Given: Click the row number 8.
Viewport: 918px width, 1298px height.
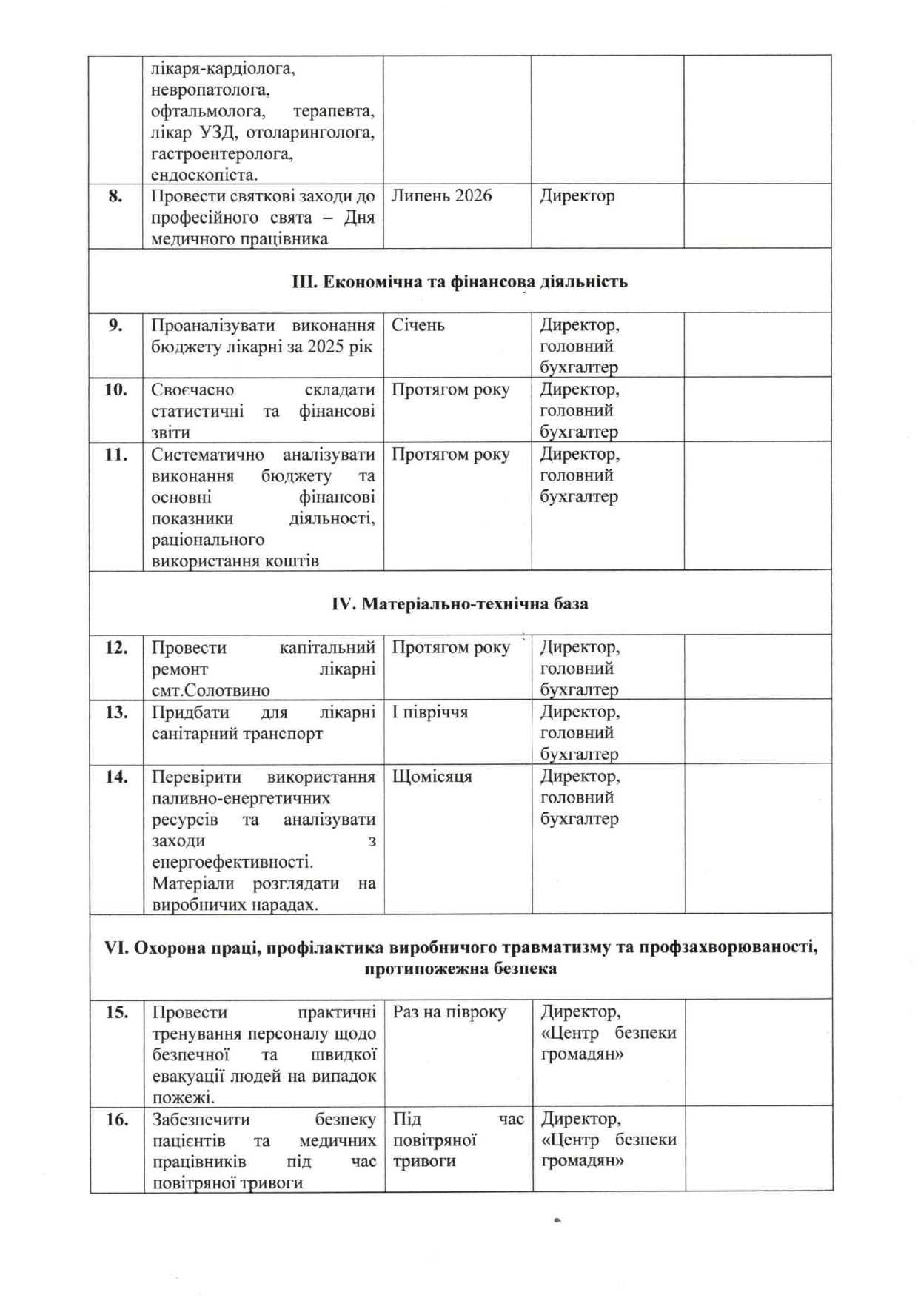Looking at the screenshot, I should (115, 196).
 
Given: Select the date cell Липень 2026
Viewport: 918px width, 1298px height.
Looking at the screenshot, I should (441, 195).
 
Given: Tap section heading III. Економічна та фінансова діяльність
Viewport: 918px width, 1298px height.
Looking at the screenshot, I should (459, 281).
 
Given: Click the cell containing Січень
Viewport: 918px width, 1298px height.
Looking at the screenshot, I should (418, 325).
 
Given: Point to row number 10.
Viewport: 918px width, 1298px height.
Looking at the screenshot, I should (115, 389).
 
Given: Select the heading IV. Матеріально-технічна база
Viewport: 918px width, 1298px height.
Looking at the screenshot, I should (460, 603).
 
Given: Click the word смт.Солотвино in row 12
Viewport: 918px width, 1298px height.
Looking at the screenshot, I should (210, 690).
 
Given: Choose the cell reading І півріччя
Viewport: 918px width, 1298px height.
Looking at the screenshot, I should (430, 712).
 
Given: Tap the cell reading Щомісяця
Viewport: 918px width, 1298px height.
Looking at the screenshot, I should (432, 777).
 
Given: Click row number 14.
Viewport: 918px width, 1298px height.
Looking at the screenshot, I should (116, 777).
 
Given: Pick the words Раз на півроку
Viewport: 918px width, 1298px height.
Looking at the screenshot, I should (449, 1012).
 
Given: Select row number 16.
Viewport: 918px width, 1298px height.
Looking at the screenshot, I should (116, 1119).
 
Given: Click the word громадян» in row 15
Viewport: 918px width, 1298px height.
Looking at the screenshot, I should (582, 1054).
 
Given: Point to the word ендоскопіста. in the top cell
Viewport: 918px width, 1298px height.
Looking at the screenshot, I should (204, 175).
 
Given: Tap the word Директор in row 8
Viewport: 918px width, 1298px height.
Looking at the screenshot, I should (577, 195).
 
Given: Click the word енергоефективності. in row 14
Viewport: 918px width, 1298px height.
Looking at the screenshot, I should (232, 862).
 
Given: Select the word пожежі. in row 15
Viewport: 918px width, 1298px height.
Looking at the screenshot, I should (184, 1097).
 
